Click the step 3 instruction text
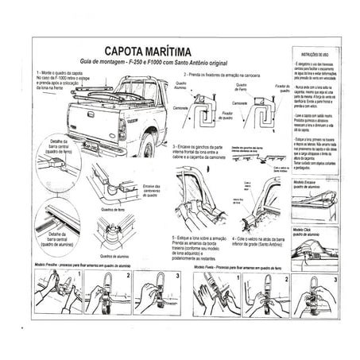(205, 150)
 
